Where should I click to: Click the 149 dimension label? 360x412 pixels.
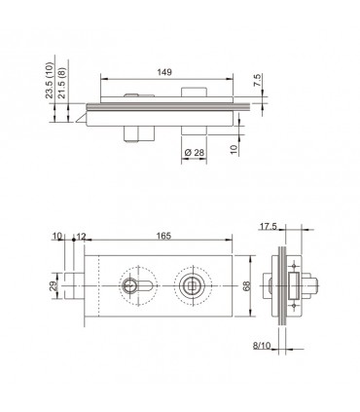click(164, 72)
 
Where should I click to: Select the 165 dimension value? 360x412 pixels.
click(163, 236)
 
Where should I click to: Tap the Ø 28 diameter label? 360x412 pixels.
click(195, 152)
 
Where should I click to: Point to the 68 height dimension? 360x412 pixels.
click(247, 286)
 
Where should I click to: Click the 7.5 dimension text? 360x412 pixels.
click(257, 80)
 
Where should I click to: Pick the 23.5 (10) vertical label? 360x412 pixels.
click(50, 80)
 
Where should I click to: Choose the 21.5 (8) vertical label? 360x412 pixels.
click(62, 83)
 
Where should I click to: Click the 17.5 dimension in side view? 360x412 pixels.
click(268, 226)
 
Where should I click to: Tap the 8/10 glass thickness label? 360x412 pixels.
click(262, 346)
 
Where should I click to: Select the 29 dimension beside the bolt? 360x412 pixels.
click(54, 286)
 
